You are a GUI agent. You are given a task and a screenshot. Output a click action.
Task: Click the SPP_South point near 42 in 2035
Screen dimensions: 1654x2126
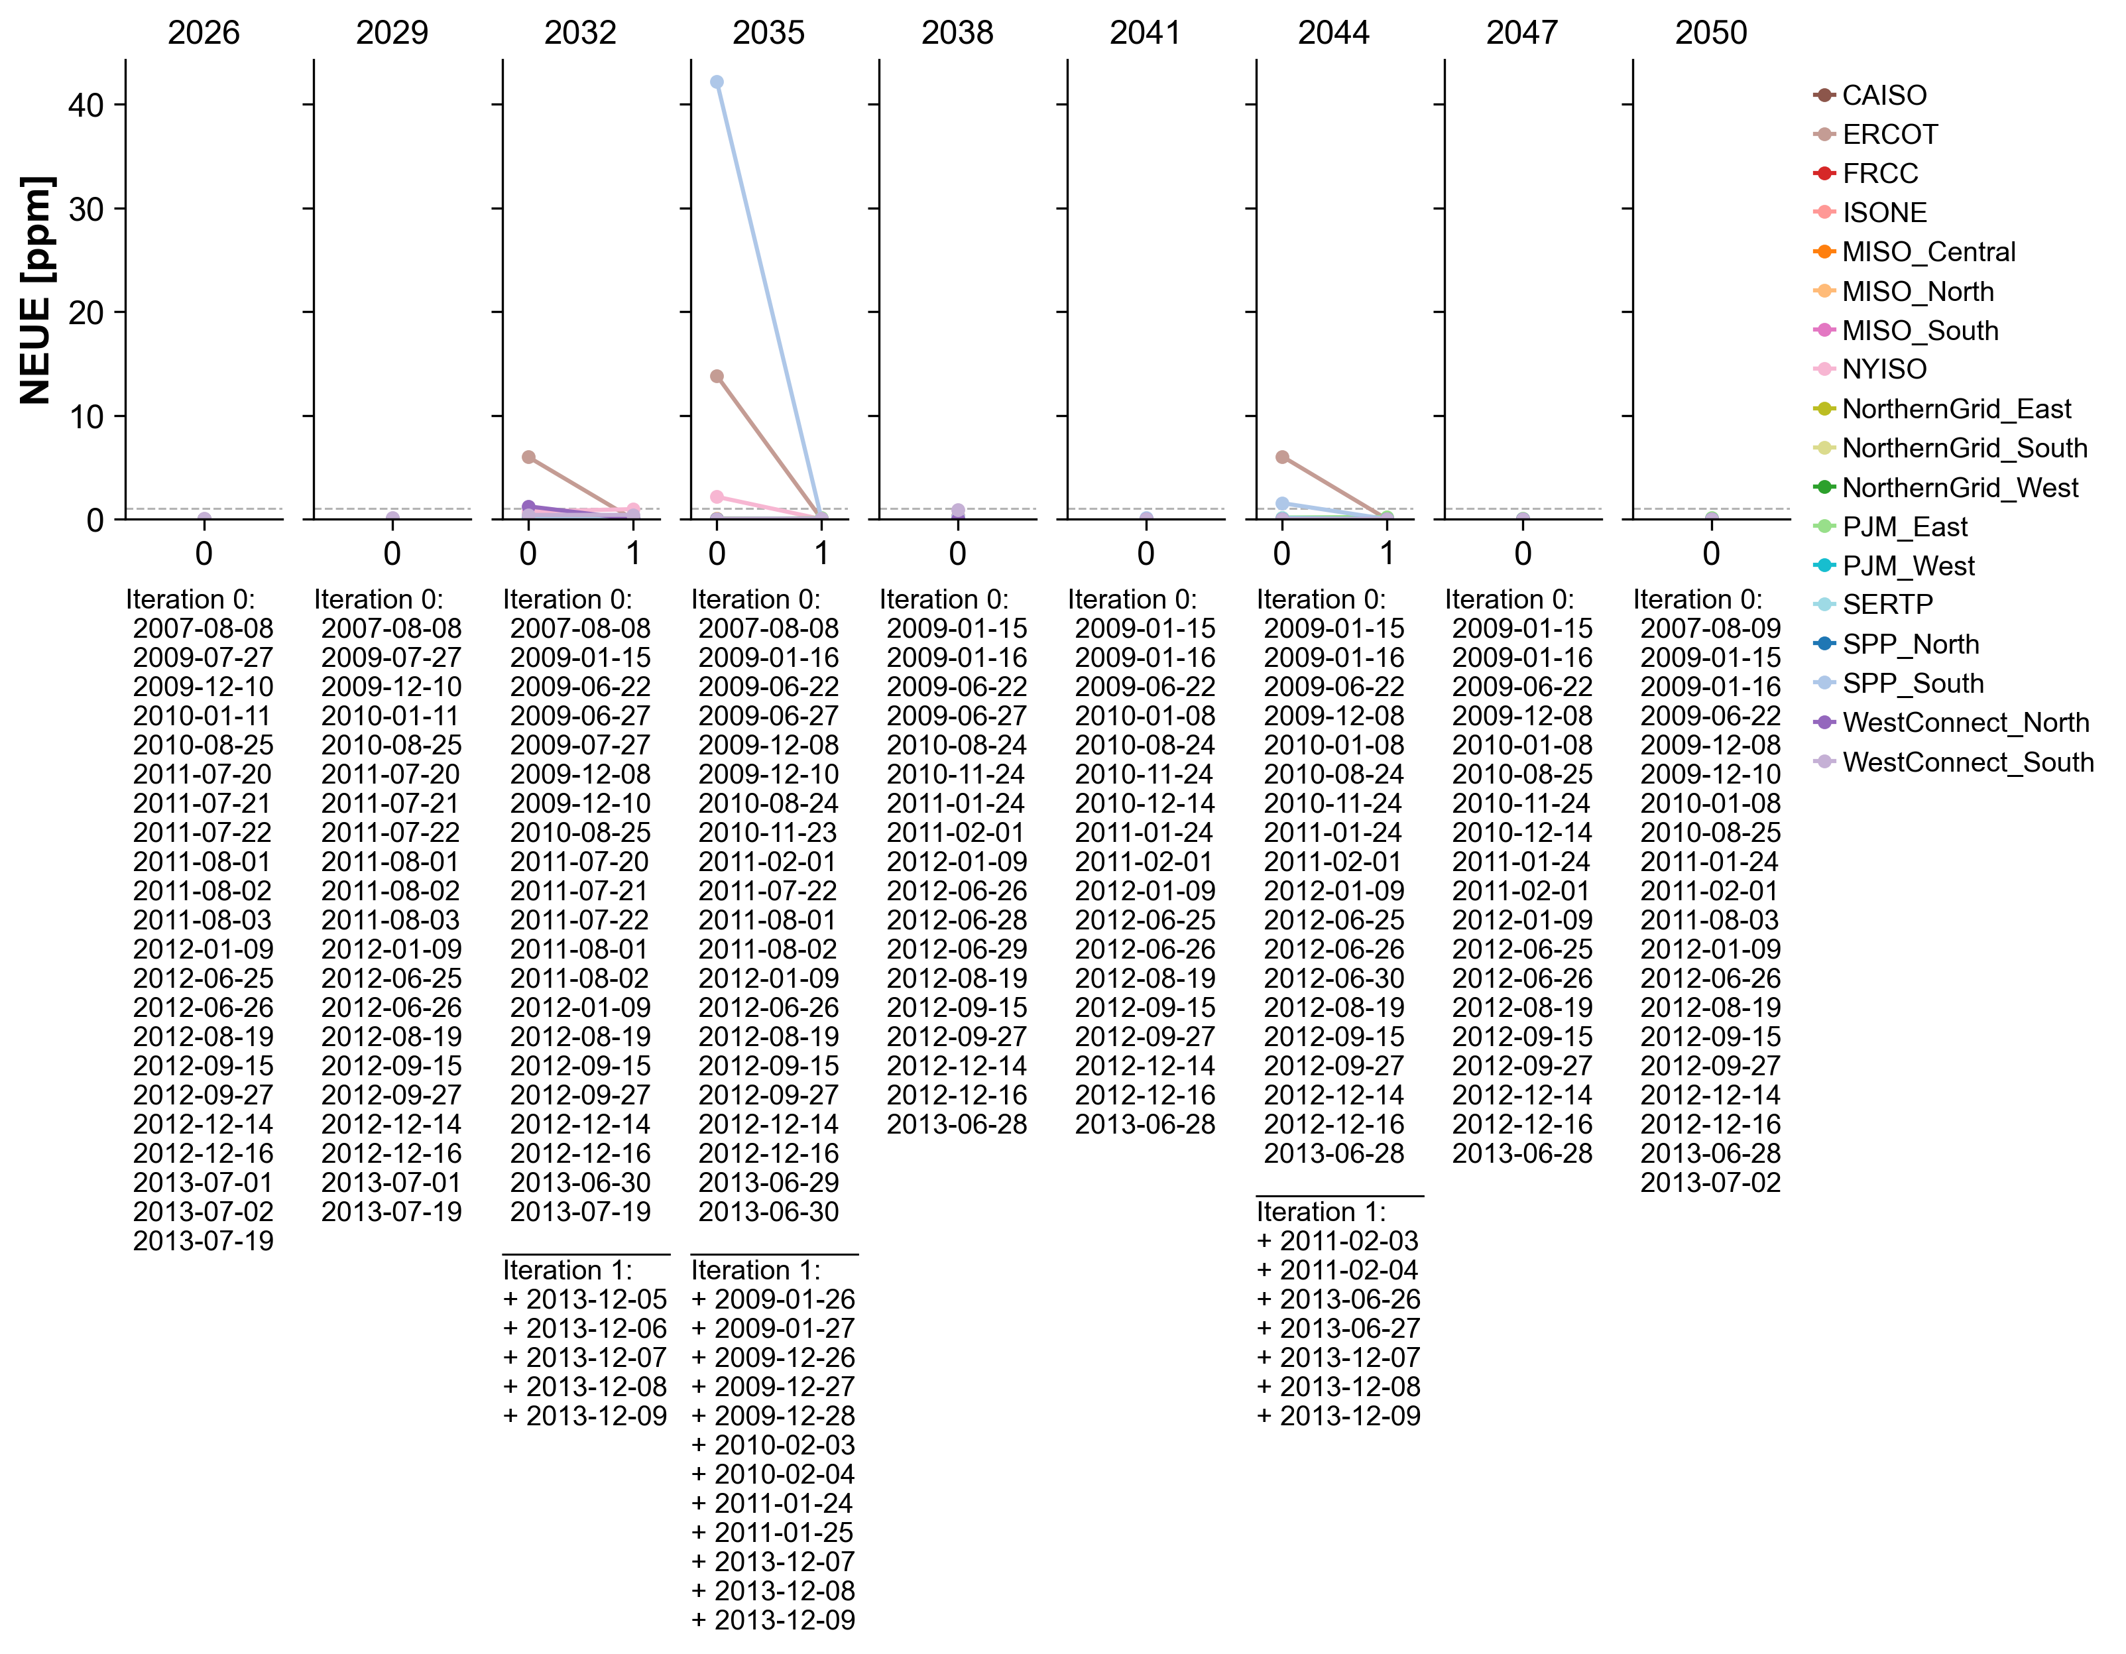pyautogui.click(x=717, y=82)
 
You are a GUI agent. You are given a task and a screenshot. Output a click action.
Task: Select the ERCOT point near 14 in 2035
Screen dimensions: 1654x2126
pyautogui.click(x=717, y=376)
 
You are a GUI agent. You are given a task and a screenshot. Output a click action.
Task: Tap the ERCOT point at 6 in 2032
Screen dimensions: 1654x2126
pyautogui.click(x=528, y=457)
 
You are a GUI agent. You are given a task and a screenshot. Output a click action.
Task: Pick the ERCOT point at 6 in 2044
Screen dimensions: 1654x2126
pyautogui.click(x=1282, y=457)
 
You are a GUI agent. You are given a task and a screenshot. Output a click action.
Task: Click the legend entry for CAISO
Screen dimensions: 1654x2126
pyautogui.click(x=1883, y=95)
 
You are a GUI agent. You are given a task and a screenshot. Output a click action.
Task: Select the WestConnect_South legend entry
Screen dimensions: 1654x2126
pyautogui.click(x=1966, y=762)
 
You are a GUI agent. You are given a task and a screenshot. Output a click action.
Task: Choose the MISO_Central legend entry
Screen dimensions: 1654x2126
pyautogui.click(x=1927, y=252)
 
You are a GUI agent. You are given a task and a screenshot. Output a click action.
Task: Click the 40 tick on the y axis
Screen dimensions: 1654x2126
pyautogui.click(x=86, y=105)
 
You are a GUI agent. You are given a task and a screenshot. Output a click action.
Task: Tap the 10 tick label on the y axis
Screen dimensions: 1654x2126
pyautogui.click(x=86, y=417)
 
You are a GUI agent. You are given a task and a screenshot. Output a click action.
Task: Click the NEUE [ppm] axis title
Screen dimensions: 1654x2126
pyautogui.click(x=37, y=290)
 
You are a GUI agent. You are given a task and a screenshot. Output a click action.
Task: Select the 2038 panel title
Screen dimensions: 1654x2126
pyautogui.click(x=957, y=33)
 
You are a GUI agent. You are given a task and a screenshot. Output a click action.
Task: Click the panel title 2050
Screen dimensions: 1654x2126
pyautogui.click(x=1710, y=33)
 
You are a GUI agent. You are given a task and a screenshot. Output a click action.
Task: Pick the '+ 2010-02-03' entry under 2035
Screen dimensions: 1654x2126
pyautogui.click(x=773, y=1445)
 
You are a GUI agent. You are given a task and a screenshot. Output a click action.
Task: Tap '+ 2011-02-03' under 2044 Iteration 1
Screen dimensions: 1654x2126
pyautogui.click(x=1338, y=1241)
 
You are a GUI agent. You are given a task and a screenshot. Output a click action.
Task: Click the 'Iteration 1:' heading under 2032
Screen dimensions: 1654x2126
pyautogui.click(x=567, y=1270)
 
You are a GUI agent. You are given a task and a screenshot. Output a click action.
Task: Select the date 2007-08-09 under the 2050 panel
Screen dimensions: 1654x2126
pyautogui.click(x=1710, y=629)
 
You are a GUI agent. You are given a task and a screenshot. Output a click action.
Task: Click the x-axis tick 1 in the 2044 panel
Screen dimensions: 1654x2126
pyautogui.click(x=1386, y=554)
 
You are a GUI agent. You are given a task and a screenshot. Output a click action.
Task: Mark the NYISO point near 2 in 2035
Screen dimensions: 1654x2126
pyautogui.click(x=717, y=497)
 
